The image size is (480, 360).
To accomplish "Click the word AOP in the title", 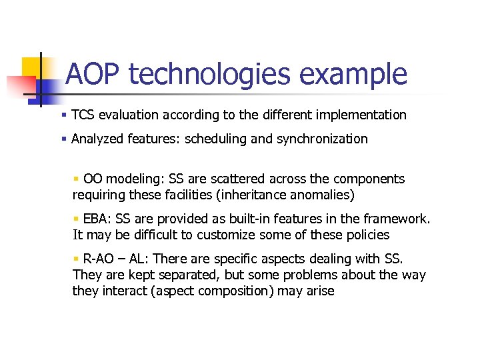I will tap(93, 74).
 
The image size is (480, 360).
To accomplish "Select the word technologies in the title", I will tap(209, 74).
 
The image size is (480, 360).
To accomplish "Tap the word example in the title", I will tap(352, 74).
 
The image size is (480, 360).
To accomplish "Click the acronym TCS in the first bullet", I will tap(83, 115).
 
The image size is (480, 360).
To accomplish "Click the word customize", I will tap(224, 235).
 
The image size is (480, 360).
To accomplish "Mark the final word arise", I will tap(320, 291).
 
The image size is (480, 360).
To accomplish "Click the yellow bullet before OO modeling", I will tap(76, 179).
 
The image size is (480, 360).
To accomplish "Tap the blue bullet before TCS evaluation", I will tap(63, 115).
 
